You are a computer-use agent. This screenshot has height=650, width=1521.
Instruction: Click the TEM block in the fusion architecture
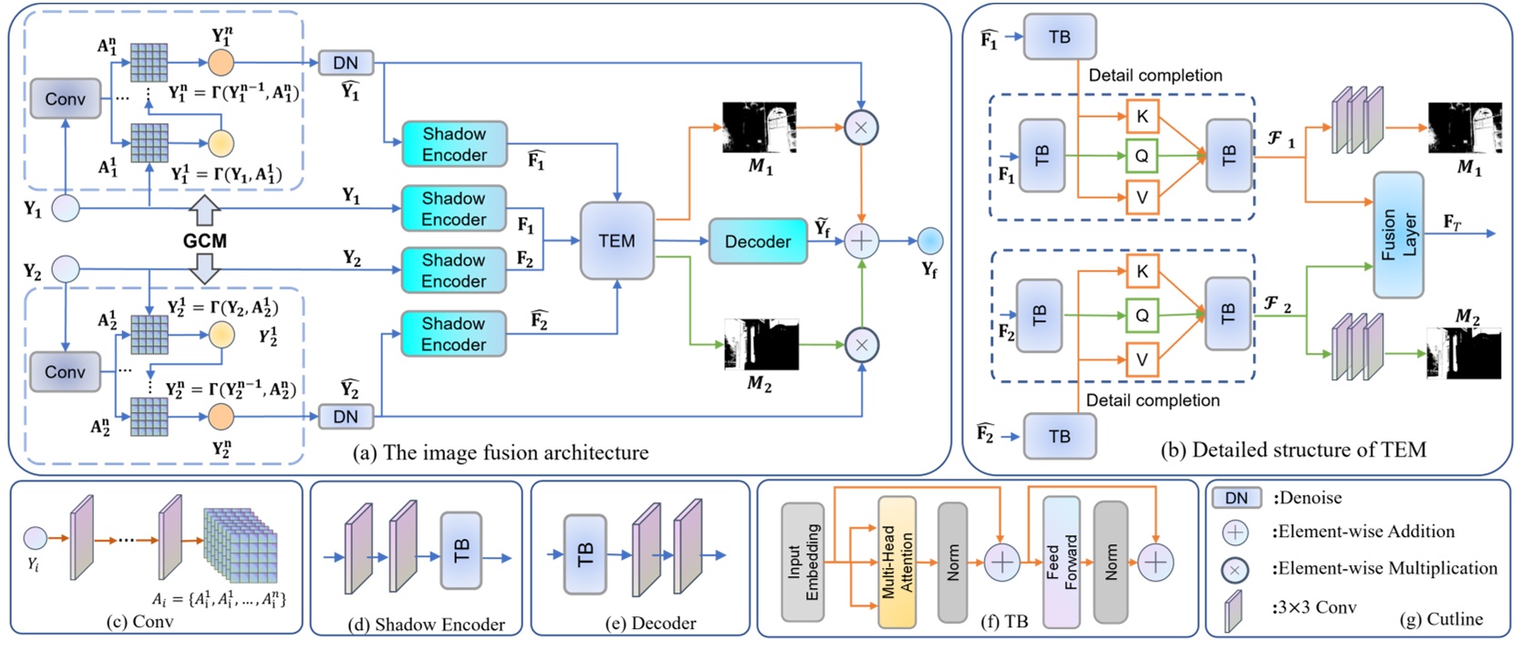coord(617,241)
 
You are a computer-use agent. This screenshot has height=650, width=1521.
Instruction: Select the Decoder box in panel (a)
coord(757,242)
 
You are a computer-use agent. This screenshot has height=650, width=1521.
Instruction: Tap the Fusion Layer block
coord(1398,235)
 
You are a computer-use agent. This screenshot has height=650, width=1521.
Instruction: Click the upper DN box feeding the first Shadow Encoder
coord(346,63)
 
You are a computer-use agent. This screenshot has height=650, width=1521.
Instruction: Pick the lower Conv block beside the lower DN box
coord(65,372)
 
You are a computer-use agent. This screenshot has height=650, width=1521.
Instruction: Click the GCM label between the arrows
coord(205,242)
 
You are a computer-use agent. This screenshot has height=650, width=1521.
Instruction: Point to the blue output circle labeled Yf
coord(929,241)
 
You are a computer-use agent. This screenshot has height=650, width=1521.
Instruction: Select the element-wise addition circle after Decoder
coord(861,242)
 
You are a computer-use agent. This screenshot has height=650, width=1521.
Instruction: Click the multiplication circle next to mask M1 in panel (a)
coord(861,128)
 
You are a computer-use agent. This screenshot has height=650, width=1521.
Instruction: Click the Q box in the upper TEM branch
coord(1142,156)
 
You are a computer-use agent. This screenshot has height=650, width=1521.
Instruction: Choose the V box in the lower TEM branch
coord(1142,359)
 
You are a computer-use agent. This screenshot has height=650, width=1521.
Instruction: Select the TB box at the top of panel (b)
coord(1059,37)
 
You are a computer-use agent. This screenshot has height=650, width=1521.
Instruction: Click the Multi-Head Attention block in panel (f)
coord(896,563)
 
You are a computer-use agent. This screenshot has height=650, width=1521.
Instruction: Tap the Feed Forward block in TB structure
coord(1061,562)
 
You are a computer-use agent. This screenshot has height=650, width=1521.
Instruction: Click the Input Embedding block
coord(802,562)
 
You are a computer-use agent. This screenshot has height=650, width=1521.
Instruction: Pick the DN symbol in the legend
coord(1236,498)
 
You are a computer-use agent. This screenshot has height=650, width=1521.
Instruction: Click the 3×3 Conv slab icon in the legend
coord(1233,610)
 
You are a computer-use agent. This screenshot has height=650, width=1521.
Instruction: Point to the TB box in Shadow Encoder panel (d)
coord(460,551)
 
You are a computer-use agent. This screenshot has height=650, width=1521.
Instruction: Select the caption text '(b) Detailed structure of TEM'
coord(1293,449)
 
